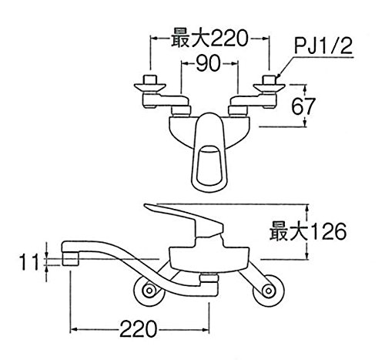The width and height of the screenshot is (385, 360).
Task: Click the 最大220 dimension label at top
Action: point(209,39)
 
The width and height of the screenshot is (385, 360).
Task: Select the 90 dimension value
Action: point(208,63)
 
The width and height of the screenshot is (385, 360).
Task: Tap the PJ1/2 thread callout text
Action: point(323,46)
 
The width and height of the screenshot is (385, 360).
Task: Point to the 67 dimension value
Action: point(303,106)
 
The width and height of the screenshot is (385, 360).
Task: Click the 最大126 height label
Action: point(308,231)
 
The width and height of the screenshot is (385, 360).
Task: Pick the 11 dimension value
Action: point(28,262)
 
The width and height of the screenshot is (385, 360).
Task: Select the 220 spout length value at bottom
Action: point(138,329)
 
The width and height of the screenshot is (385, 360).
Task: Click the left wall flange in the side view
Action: point(149,291)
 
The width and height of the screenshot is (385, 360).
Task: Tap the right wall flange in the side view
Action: point(269,291)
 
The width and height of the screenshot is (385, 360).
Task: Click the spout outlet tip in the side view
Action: point(70,258)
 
